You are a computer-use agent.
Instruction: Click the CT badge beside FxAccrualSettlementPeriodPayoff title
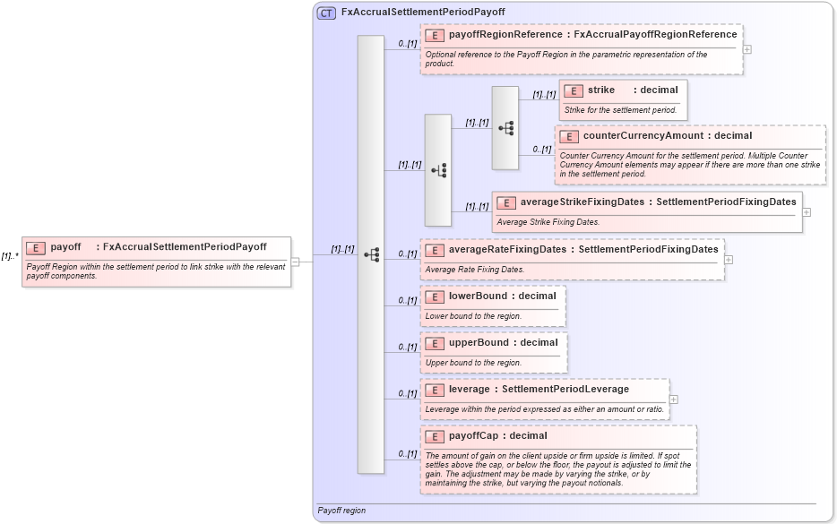326,13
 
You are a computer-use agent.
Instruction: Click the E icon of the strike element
574,90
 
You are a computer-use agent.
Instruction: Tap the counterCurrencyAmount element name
643,136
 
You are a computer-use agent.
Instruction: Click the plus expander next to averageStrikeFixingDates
807,212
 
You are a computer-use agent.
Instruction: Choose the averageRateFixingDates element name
507,249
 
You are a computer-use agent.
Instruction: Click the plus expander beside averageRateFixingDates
729,260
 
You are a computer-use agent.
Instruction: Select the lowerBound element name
478,296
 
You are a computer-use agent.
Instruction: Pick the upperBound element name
479,342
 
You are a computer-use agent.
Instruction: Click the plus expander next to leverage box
673,399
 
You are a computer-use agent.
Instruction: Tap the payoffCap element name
472,435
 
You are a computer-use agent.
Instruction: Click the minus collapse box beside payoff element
295,262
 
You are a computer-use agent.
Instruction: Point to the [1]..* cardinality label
10,256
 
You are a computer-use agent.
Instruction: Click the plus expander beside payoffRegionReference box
746,49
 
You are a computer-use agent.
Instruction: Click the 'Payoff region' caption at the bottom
341,511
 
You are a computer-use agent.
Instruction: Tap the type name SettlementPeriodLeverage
565,389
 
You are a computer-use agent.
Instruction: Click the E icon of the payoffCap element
435,436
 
